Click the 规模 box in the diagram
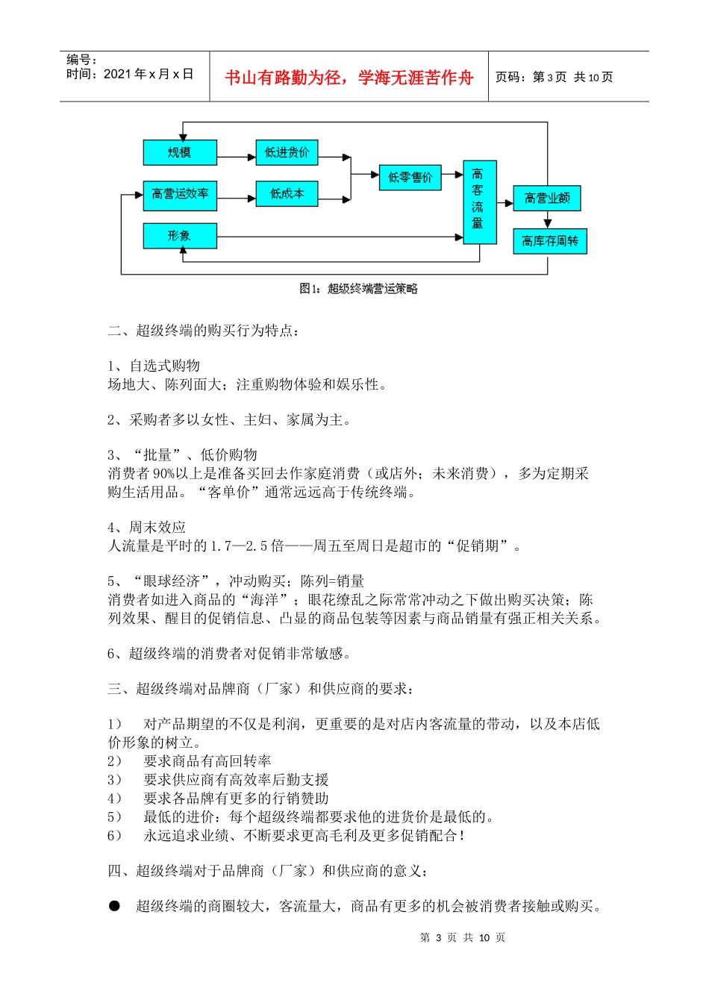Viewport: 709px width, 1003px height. (x=180, y=152)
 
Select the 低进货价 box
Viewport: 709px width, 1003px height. (x=287, y=152)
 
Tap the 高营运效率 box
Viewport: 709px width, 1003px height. (x=180, y=194)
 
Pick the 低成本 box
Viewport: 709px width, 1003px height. (x=287, y=194)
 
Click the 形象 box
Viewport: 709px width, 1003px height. (x=180, y=236)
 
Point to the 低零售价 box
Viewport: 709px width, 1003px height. (x=410, y=178)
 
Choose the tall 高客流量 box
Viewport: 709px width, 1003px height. (x=479, y=201)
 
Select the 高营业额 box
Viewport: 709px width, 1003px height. (x=546, y=198)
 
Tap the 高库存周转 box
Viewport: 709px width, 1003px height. (x=549, y=241)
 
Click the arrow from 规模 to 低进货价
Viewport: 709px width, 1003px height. (x=237, y=157)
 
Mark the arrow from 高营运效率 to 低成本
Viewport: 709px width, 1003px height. (x=237, y=199)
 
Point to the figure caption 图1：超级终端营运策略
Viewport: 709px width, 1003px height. (x=358, y=289)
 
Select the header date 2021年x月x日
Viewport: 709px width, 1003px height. (x=149, y=74)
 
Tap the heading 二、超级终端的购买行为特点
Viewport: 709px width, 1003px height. (x=204, y=331)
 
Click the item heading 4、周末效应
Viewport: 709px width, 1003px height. (x=146, y=528)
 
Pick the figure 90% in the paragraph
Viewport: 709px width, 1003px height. (x=163, y=474)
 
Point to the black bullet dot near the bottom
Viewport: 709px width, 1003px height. (x=114, y=906)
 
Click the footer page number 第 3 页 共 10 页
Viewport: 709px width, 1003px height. (x=463, y=938)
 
